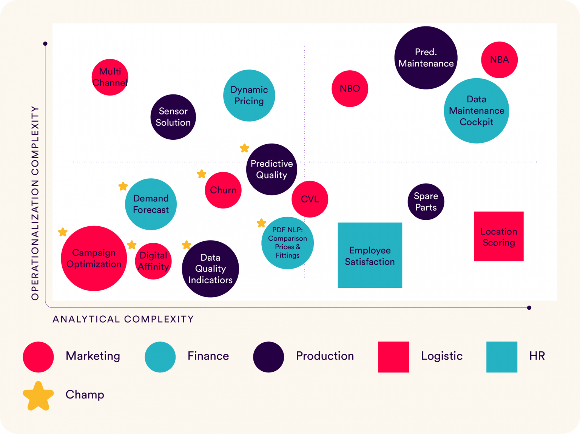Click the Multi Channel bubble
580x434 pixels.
pyautogui.click(x=110, y=77)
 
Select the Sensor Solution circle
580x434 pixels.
pyautogui.click(x=173, y=117)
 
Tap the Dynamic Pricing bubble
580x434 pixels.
pyautogui.click(x=249, y=95)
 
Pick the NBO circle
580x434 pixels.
pyautogui.click(x=350, y=89)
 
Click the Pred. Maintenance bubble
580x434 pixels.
pyautogui.click(x=426, y=58)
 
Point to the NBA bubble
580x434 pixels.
pyautogui.click(x=499, y=60)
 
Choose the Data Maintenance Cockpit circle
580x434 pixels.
pyautogui.click(x=477, y=111)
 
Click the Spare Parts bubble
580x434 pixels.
pyautogui.click(x=426, y=202)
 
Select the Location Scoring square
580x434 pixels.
pyautogui.click(x=499, y=236)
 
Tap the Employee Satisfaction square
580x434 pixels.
pyautogui.click(x=370, y=255)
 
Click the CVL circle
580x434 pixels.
pyautogui.click(x=310, y=199)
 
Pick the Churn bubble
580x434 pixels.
pyautogui.click(x=223, y=190)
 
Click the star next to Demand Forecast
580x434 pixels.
pyautogui.click(x=123, y=186)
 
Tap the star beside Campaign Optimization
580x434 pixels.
pyautogui.click(x=63, y=232)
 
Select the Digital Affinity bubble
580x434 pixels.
pyautogui.click(x=153, y=261)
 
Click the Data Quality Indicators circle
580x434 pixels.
pyautogui.click(x=210, y=269)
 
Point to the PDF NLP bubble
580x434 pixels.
pyautogui.click(x=287, y=243)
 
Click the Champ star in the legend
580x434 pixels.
pyautogui.click(x=38, y=396)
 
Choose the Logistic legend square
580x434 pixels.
pyautogui.click(x=393, y=357)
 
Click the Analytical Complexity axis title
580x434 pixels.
pyautogui.click(x=123, y=319)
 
